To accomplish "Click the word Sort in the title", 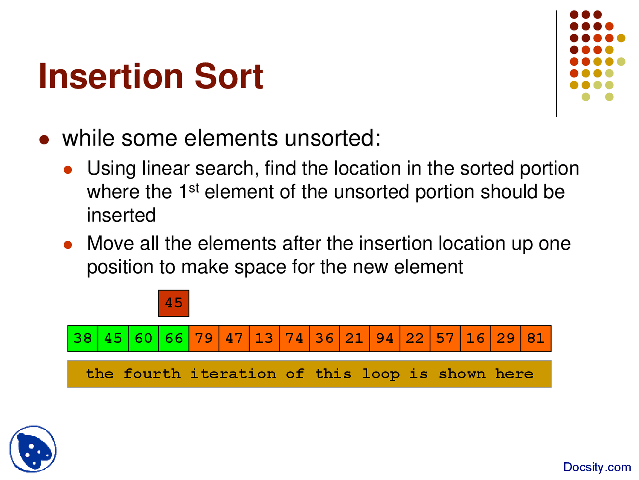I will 228,76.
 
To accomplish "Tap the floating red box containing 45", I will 174,303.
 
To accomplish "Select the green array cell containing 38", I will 83,338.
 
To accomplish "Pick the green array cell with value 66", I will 174,338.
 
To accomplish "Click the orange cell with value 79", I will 204,338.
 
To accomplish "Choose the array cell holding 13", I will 264,338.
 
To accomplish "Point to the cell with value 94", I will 385,338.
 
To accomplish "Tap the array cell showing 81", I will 536,338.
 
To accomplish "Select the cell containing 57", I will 445,338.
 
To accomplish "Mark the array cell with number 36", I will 324,338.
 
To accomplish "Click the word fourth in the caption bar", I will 152,374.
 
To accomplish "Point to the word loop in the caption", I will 380,374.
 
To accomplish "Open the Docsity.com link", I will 597,467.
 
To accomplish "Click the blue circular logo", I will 33,449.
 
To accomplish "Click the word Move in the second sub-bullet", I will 111,244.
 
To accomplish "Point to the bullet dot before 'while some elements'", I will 44,140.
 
